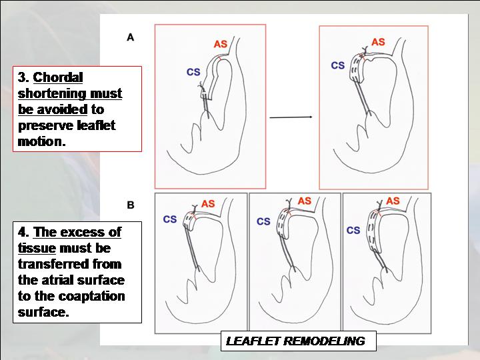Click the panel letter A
tap(131, 37)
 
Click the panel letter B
tap(131, 205)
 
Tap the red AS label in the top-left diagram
tap(221, 44)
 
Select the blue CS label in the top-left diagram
tap(193, 72)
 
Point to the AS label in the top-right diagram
tap(378, 42)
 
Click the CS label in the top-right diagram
tap(338, 65)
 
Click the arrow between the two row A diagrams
tap(291, 117)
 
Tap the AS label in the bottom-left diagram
tap(208, 203)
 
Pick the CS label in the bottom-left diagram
tap(170, 219)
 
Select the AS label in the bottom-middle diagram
tap(304, 201)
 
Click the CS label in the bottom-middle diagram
tap(263, 221)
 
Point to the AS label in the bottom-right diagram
tap(393, 201)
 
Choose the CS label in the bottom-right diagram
tap(353, 230)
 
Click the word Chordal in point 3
tap(58, 77)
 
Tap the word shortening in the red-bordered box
tap(53, 93)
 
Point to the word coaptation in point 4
tap(91, 296)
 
